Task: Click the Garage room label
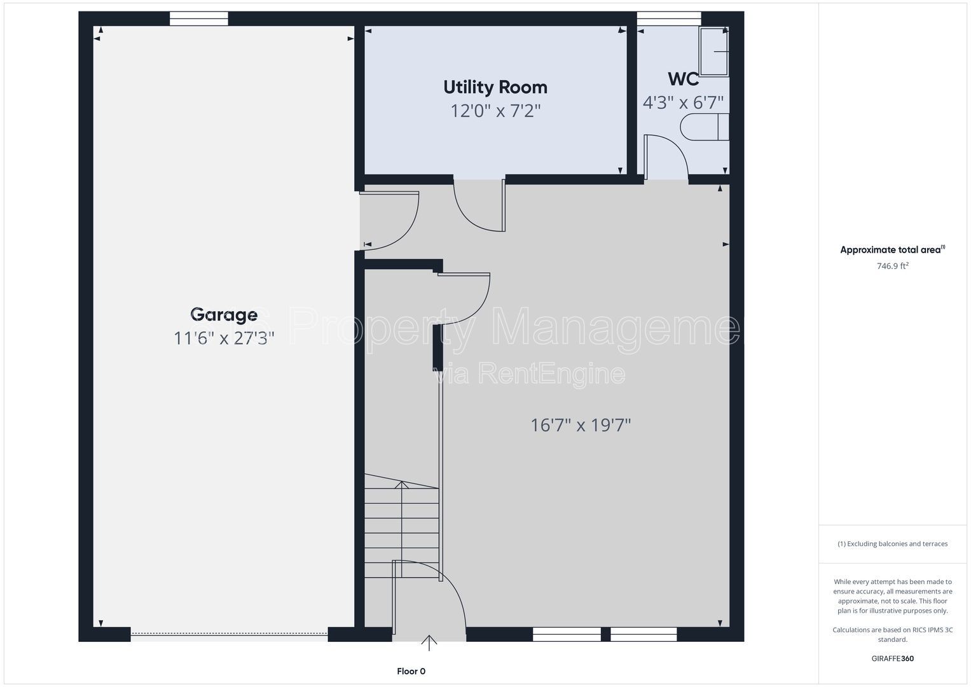[x=224, y=314]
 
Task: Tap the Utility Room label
[x=495, y=87]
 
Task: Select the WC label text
[x=683, y=80]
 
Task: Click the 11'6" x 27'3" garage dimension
[x=224, y=338]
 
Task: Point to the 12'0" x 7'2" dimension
[x=495, y=111]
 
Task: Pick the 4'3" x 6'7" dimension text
[x=683, y=103]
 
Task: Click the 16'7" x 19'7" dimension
[x=581, y=425]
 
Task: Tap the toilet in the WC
[x=705, y=127]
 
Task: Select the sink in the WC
[x=713, y=52]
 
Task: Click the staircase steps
[x=401, y=526]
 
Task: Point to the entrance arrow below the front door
[x=429, y=642]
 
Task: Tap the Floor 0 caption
[x=411, y=671]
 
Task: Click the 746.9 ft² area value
[x=893, y=265]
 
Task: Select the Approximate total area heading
[x=893, y=249]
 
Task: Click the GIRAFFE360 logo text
[x=893, y=658]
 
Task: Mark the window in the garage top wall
[x=198, y=18]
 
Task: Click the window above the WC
[x=668, y=18]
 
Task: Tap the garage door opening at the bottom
[x=229, y=634]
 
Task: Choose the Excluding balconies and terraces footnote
[x=893, y=543]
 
